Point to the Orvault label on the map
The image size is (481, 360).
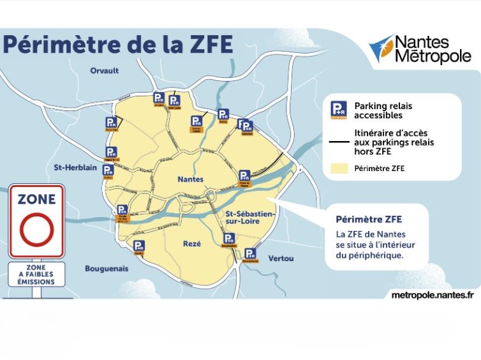point(105,70)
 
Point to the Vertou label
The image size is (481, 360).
point(281,258)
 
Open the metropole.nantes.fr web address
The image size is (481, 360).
point(432,294)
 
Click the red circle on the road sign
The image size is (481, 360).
point(36,231)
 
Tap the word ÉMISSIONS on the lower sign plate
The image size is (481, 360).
point(36,281)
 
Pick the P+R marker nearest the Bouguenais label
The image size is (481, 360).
point(138,246)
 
